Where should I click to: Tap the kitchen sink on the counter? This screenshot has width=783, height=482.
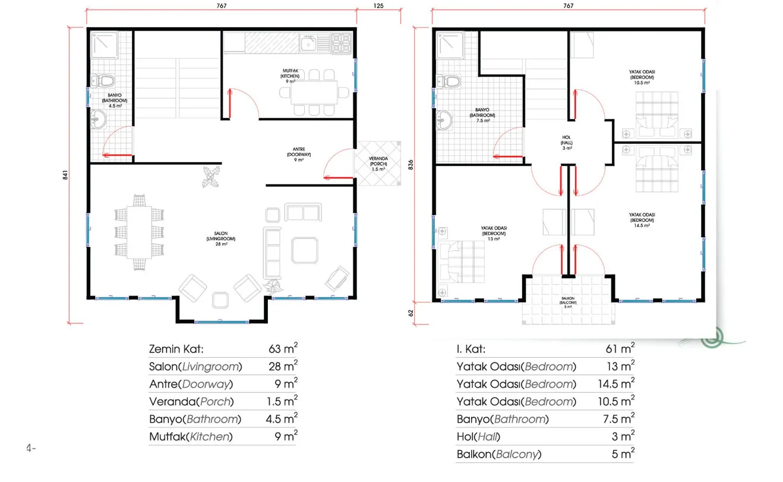click(x=308, y=43)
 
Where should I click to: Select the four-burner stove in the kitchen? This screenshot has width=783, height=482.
click(x=342, y=43)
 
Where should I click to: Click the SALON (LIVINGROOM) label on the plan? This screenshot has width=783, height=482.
click(x=221, y=238)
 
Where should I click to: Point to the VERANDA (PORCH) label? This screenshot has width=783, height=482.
click(x=378, y=163)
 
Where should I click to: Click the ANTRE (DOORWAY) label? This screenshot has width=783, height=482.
click(x=299, y=155)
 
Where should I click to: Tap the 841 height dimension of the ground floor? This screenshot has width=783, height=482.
click(x=65, y=175)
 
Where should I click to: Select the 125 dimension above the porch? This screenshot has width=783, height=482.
click(x=378, y=5)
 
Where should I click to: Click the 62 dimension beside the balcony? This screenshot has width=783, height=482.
click(x=411, y=313)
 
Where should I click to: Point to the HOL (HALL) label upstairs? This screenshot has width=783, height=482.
click(x=567, y=143)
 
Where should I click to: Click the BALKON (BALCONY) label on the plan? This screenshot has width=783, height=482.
click(x=568, y=302)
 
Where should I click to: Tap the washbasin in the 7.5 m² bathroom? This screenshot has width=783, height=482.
click(x=444, y=120)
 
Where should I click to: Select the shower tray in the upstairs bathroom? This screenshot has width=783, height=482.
click(x=450, y=46)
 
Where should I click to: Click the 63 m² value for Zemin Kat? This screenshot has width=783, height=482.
click(x=283, y=348)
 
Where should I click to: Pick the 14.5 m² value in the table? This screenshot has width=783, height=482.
click(x=616, y=384)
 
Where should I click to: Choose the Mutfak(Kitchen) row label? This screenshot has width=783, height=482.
click(x=191, y=436)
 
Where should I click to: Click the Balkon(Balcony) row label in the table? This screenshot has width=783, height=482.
click(x=499, y=454)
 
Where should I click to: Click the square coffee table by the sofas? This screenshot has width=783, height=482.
click(x=305, y=250)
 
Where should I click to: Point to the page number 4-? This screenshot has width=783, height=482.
click(x=31, y=448)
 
